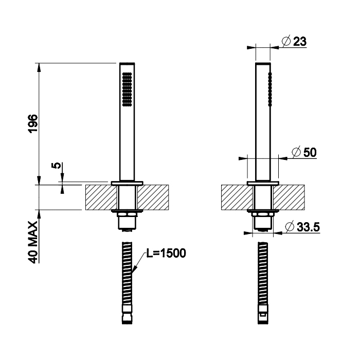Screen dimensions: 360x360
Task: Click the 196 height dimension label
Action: click(x=33, y=123)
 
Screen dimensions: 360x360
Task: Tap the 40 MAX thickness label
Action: click(x=33, y=242)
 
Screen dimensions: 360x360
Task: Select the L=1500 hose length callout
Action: click(x=166, y=254)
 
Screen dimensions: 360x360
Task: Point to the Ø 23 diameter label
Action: click(x=294, y=41)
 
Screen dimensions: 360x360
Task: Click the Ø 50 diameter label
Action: click(x=304, y=152)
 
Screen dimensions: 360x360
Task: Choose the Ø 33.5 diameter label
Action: click(x=302, y=227)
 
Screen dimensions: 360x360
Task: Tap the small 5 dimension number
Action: click(x=56, y=165)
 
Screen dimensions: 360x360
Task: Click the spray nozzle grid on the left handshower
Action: click(x=127, y=89)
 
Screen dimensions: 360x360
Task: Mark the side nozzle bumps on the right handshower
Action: click(x=270, y=89)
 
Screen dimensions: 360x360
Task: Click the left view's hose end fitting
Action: click(x=127, y=314)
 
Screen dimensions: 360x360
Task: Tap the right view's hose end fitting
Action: click(x=263, y=314)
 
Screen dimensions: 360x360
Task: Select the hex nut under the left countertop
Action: click(x=127, y=214)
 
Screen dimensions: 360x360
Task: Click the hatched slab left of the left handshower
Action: click(x=101, y=197)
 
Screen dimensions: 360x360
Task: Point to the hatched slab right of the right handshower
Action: click(x=289, y=197)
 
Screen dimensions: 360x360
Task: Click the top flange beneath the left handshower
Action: click(x=127, y=183)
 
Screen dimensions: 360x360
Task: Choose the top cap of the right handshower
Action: click(x=263, y=63)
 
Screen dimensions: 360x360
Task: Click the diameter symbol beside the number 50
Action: click(x=296, y=152)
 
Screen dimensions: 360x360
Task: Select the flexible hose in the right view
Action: click(x=263, y=273)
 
